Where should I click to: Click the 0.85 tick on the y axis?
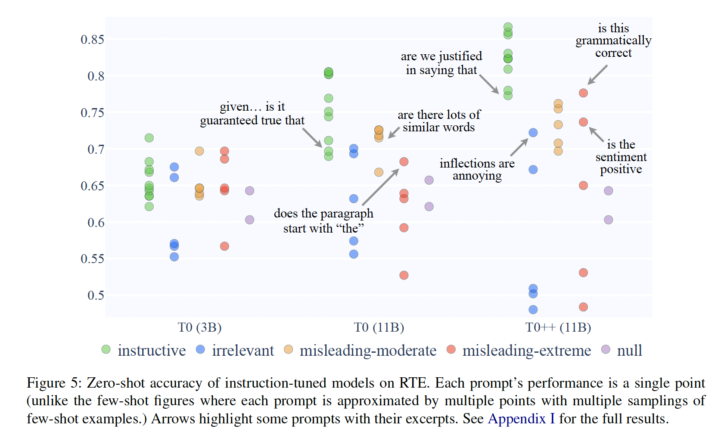click(x=92, y=40)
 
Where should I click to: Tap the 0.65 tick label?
click(x=92, y=186)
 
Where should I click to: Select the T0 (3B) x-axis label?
click(x=199, y=327)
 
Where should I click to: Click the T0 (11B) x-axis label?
click(x=379, y=327)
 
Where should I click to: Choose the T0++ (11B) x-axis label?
click(x=558, y=327)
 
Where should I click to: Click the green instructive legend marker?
click(x=106, y=349)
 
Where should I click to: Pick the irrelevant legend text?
click(x=242, y=351)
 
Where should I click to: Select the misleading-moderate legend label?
click(x=368, y=351)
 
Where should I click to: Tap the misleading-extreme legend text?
click(x=526, y=351)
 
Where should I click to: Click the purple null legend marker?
click(x=606, y=349)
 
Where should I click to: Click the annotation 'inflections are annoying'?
click(x=477, y=170)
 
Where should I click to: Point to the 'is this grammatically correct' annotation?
click(x=613, y=40)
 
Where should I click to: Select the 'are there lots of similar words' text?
click(x=438, y=121)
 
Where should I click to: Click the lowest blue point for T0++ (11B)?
click(x=533, y=310)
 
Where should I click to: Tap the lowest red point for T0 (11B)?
click(x=404, y=275)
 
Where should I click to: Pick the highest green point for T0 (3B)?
click(x=149, y=138)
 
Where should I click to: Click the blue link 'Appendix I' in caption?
click(x=521, y=419)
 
